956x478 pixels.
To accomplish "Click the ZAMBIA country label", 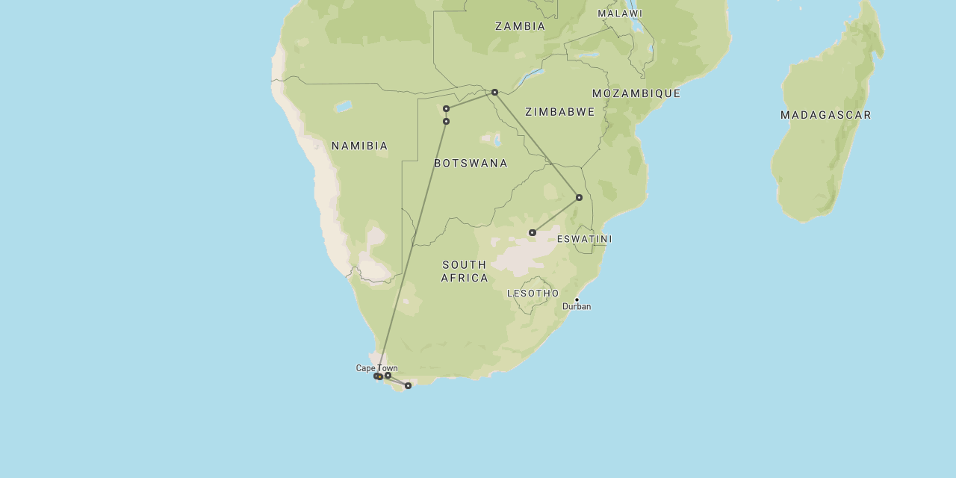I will point(520,26).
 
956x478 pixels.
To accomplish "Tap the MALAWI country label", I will point(620,13).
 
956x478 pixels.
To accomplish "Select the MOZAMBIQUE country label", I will point(636,93).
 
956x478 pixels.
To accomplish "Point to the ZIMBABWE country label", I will point(560,112).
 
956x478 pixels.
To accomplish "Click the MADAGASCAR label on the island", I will point(826,115).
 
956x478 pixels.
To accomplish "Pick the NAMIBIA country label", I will point(360,146).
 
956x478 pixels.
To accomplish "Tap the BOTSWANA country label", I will point(471,163).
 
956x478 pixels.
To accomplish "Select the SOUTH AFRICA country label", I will point(465,271).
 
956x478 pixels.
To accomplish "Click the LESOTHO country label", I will point(533,294).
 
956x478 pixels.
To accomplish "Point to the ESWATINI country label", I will point(584,239).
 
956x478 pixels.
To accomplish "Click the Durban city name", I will point(577,307).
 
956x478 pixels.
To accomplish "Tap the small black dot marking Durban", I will point(577,299).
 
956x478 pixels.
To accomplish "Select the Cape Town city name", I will point(376,368).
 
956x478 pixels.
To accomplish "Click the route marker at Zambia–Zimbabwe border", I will point(494,92).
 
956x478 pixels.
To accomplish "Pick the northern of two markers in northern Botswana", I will point(446,108).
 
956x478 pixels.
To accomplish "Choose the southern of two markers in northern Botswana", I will point(446,121).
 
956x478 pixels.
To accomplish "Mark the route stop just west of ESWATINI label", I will point(532,232).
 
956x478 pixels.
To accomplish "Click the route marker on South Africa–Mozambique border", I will point(579,197).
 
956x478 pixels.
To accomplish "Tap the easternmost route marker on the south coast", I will point(408,385).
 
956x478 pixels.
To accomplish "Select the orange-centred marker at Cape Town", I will point(379,376).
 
